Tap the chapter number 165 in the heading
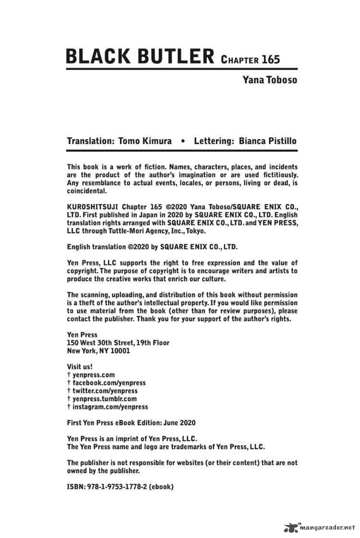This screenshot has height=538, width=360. [271, 60]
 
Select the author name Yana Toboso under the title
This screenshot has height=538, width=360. [269, 80]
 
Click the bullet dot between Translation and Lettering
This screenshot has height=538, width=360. [182, 142]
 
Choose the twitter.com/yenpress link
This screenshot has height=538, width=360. [105, 391]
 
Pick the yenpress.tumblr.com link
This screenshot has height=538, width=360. [105, 399]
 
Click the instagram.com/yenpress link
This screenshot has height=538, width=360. [110, 406]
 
